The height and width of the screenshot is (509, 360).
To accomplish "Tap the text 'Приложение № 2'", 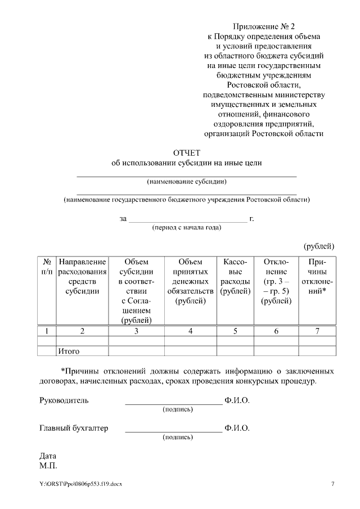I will (x=263, y=26).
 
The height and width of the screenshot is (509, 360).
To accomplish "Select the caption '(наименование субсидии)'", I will (x=186, y=182).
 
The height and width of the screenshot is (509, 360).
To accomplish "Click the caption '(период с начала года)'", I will (x=186, y=227).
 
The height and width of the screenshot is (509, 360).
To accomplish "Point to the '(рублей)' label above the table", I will (x=319, y=246).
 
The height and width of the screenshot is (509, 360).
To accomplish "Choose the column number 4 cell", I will (x=190, y=331).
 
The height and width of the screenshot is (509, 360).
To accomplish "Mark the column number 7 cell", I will (x=317, y=331).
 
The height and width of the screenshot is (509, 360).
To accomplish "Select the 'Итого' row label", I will (x=68, y=352).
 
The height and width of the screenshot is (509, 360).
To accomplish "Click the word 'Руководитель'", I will (x=64, y=401).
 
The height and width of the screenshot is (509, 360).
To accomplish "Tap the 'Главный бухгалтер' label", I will (x=74, y=428).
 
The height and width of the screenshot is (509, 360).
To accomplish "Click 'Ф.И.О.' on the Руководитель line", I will (x=236, y=401).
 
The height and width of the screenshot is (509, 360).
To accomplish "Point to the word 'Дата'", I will (x=48, y=456).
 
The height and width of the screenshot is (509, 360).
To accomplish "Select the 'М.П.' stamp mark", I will (x=48, y=466).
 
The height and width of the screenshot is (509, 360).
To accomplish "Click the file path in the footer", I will (x=80, y=484).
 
